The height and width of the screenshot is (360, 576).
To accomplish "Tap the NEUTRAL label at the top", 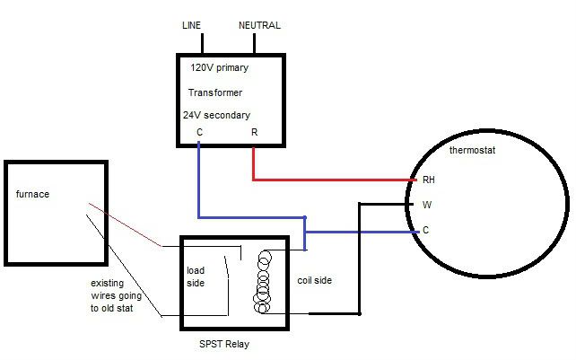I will tap(259, 25).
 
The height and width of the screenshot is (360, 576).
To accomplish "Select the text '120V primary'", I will tap(219, 67).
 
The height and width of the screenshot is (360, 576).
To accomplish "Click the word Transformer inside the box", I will tap(215, 92).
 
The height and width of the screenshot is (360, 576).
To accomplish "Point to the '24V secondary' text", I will tap(216, 115).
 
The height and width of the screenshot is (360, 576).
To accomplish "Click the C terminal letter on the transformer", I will tap(199, 133).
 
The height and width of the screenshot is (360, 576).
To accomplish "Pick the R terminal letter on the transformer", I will tap(255, 133).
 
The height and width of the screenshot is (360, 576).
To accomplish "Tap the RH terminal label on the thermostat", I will tap(428, 180).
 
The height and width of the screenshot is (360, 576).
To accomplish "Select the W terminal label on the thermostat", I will tap(426, 205).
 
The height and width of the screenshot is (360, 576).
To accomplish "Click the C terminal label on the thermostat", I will tap(425, 230).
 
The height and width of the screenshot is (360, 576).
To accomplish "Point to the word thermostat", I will tap(472, 150).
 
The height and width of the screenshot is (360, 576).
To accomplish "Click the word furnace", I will tap(32, 193).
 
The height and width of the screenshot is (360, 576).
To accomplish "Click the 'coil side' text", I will tap(314, 280).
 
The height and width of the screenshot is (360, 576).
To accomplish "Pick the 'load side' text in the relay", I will tap(196, 277).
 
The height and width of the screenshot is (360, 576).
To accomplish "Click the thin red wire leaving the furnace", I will tap(126, 225).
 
